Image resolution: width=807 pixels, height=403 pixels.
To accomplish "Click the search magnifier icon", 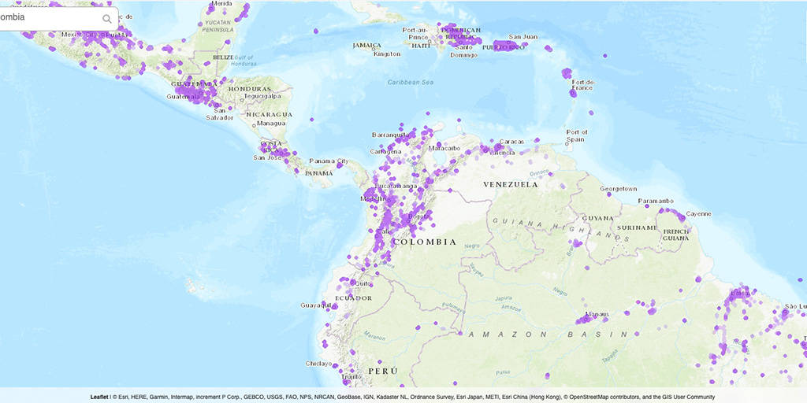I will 107,19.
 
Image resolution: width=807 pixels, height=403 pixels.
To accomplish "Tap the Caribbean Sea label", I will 411,82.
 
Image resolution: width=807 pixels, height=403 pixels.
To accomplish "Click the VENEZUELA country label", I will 511,184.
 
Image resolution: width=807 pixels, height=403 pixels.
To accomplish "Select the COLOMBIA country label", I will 424,242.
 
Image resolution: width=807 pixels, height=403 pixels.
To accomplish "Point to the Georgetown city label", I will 618,189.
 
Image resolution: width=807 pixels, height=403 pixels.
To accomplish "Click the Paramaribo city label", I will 657,201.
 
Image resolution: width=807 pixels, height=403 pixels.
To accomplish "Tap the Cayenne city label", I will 698,213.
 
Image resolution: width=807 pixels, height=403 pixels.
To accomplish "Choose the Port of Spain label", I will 577,135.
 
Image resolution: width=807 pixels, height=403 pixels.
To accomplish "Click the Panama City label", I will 329,161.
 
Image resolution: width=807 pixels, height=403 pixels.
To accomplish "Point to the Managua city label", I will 270,123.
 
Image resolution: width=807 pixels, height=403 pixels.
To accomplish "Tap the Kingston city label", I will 387,54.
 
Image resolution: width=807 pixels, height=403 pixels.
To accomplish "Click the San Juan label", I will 523,37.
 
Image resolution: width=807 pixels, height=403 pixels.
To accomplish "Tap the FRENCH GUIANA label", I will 676,235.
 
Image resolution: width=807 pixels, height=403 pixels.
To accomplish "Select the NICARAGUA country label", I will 268,114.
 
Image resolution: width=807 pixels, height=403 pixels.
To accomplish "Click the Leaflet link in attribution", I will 99,397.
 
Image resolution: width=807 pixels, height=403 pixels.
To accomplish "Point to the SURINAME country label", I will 637,227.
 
